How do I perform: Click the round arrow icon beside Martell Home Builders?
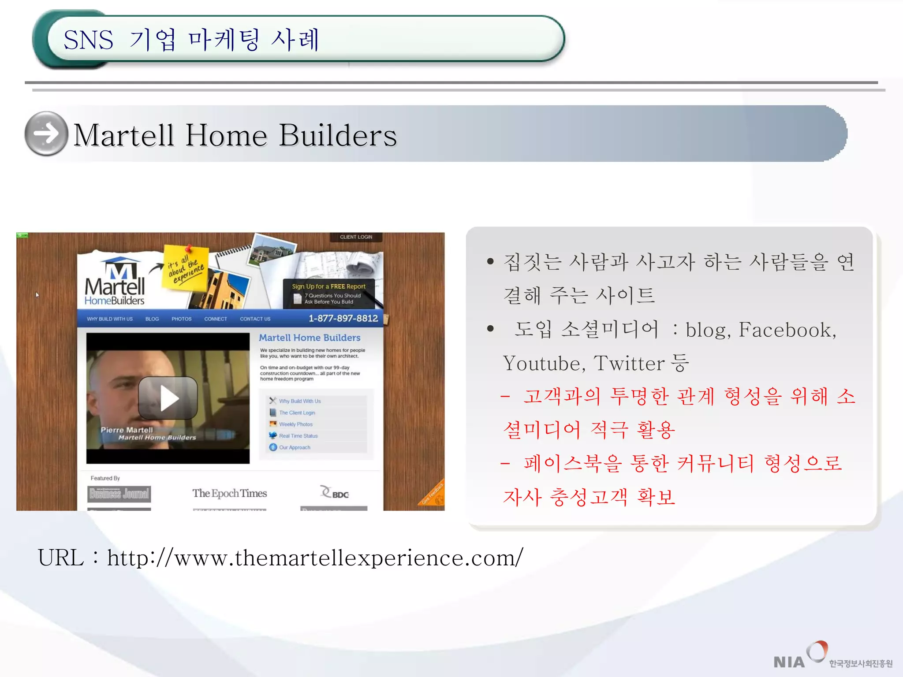click(46, 134)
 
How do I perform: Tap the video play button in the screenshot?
click(168, 398)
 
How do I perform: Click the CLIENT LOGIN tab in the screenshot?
click(356, 237)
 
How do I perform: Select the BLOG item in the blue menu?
click(152, 319)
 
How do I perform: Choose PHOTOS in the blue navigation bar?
click(181, 319)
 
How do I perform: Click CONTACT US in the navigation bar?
click(255, 319)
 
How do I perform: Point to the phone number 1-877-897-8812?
click(343, 318)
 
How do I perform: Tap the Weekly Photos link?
click(295, 424)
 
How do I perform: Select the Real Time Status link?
click(298, 435)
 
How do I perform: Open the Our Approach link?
click(295, 447)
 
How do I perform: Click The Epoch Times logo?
click(229, 493)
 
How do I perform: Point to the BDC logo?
click(335, 493)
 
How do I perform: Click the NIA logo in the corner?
click(789, 661)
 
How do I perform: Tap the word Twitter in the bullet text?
click(629, 363)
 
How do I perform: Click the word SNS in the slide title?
click(88, 40)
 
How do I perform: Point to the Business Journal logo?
click(119, 494)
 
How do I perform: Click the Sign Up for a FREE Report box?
click(329, 294)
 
